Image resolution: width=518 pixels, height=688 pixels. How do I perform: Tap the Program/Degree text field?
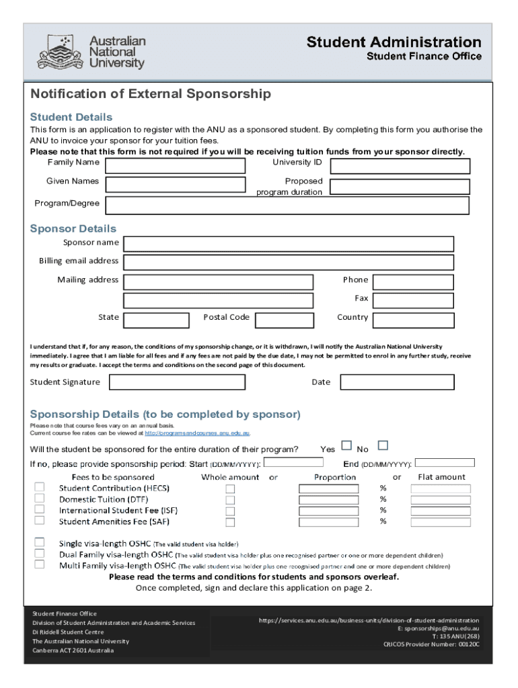(x=287, y=205)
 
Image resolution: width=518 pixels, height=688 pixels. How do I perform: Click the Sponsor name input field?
(x=289, y=243)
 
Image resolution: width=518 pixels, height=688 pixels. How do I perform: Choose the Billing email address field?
(x=289, y=262)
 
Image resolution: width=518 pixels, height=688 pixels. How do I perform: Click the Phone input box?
(x=413, y=282)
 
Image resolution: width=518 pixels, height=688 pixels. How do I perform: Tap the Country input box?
(x=413, y=319)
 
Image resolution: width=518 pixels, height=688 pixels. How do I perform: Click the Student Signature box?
(x=177, y=382)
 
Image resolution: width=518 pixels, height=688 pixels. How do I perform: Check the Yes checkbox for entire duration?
(x=346, y=445)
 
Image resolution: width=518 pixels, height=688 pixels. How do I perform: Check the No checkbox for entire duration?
(x=382, y=445)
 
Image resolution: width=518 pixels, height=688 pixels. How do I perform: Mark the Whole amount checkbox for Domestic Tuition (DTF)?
(x=230, y=500)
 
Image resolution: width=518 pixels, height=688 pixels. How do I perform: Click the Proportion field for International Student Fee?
(x=328, y=511)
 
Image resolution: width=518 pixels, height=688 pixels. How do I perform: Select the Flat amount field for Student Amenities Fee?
(x=441, y=521)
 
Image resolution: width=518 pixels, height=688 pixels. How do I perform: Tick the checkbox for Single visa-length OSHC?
(x=40, y=543)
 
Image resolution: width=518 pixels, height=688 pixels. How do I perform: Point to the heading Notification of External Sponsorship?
(x=151, y=94)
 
